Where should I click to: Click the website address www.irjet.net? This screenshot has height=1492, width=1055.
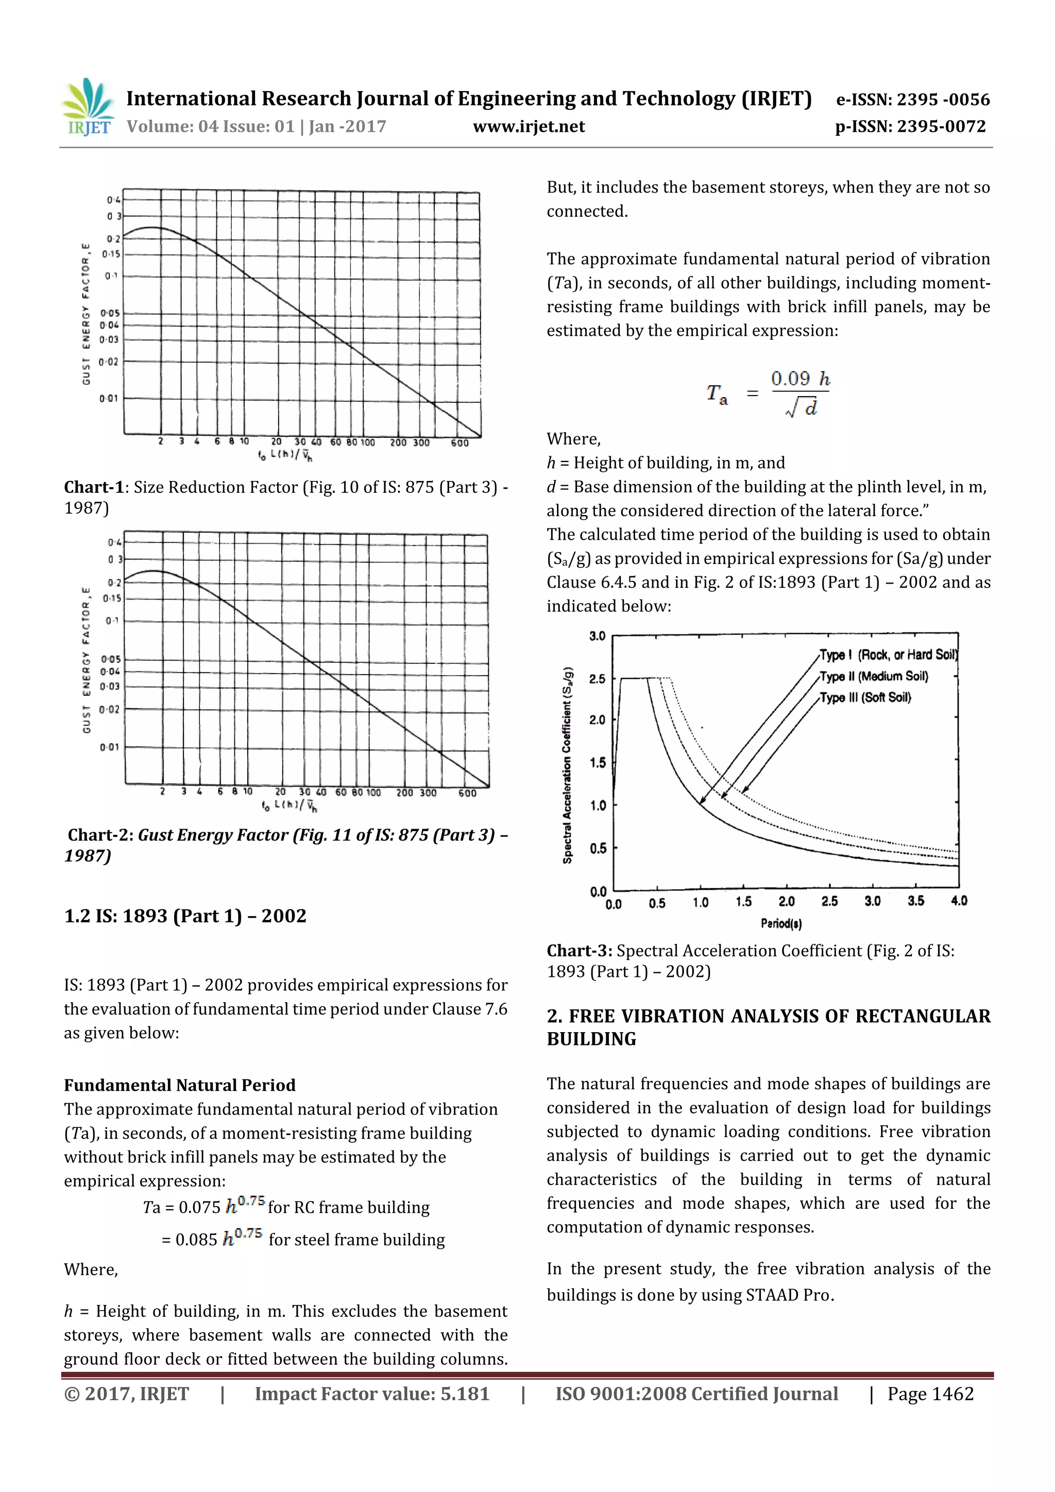coord(529,127)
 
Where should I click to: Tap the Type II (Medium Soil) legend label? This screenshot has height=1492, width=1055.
coord(873,676)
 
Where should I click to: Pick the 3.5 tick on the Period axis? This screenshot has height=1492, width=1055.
coord(915,901)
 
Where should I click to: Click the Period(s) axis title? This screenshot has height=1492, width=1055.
coord(780,923)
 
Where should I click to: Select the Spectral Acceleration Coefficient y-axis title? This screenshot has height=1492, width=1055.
coord(568,765)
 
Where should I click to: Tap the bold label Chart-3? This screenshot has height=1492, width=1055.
coord(578,951)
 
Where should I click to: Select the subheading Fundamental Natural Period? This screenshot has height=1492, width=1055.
coord(179,1085)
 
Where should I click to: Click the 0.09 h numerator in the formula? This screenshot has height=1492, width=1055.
coord(800,379)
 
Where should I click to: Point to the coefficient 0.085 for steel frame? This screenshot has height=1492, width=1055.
coord(196,1240)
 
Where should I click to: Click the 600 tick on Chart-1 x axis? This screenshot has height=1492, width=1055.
coord(460,442)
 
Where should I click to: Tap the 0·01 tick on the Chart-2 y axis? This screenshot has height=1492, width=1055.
coord(109,747)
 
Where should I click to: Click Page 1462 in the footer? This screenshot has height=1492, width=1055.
coord(930,1394)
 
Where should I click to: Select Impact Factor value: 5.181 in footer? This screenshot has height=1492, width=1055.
coord(372,1394)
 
